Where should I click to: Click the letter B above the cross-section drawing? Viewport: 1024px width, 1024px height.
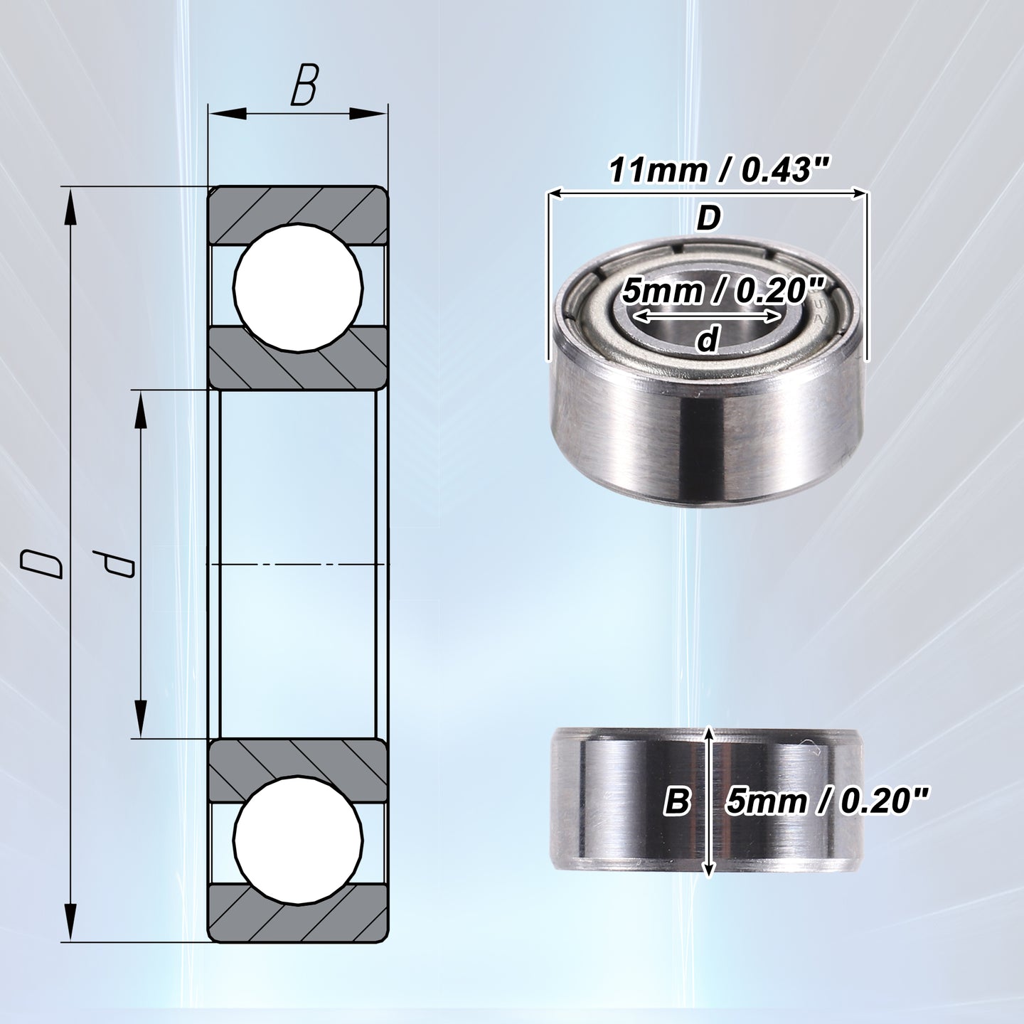click(x=304, y=85)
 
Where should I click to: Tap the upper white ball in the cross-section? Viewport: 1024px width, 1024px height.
click(x=298, y=287)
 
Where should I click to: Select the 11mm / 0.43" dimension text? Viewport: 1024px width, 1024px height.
click(x=719, y=171)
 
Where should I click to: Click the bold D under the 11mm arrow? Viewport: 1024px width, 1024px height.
click(x=708, y=218)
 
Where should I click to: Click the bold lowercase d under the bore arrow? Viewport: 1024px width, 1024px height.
click(x=708, y=339)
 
